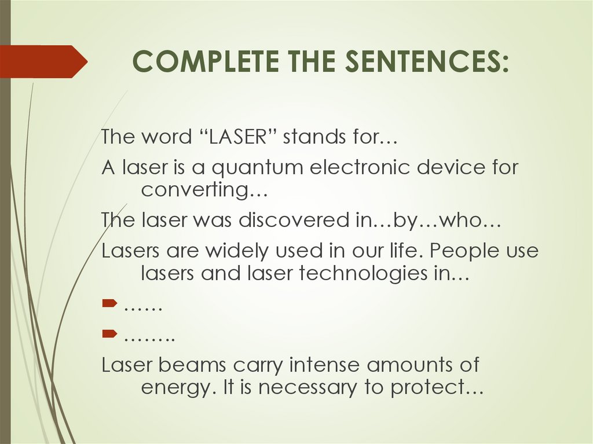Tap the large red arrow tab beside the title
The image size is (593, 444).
(x=43, y=61)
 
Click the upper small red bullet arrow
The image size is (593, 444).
(x=109, y=304)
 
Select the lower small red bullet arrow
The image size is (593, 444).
(x=109, y=334)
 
